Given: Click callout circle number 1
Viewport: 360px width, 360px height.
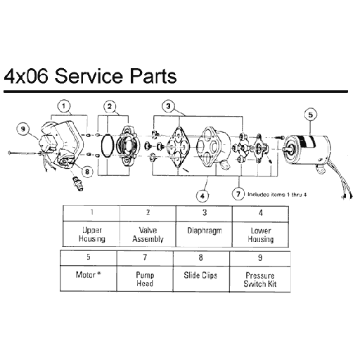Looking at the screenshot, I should pyautogui.click(x=64, y=107).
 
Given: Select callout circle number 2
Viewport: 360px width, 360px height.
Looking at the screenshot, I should pyautogui.click(x=110, y=107).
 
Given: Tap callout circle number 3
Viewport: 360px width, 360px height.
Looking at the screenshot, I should pyautogui.click(x=168, y=106).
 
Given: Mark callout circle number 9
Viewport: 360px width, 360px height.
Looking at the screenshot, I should pyautogui.click(x=23, y=129).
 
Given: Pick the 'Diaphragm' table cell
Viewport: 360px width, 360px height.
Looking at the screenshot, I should pyautogui.click(x=204, y=230).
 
